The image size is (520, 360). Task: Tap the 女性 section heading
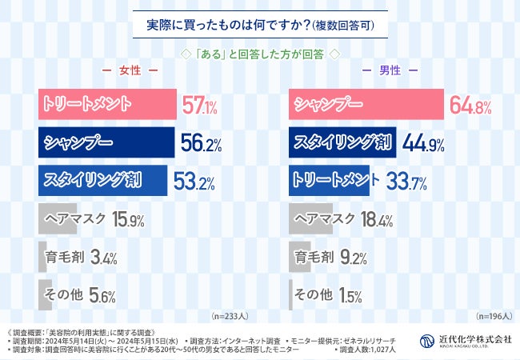pyautogui.click(x=129, y=71)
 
